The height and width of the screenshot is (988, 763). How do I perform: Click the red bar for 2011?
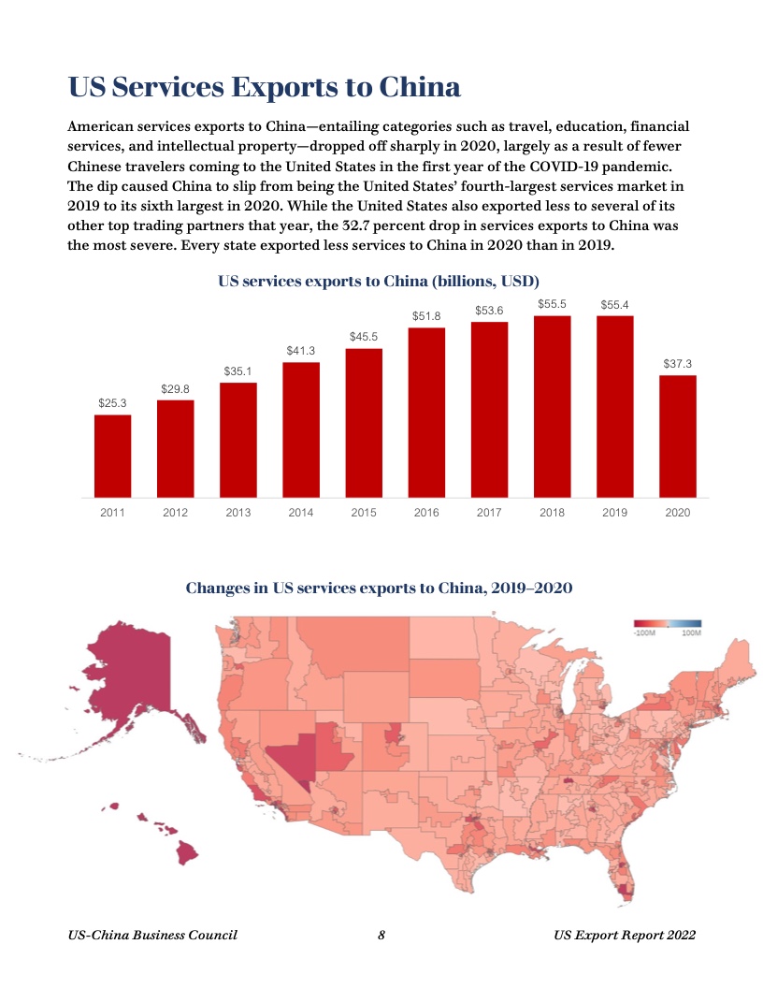[112, 456]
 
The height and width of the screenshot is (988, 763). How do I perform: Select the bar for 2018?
[552, 406]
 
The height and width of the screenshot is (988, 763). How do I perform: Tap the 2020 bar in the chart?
[678, 436]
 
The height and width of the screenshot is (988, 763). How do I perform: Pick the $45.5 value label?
[364, 336]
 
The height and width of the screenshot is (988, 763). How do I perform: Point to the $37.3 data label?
[678, 363]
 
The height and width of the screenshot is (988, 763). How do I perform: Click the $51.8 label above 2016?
[426, 316]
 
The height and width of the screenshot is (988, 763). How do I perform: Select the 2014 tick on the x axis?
[300, 513]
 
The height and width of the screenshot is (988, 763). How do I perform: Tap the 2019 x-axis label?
[614, 513]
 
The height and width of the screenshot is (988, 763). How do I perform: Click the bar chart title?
[379, 281]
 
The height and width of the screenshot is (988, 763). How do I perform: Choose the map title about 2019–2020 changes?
[379, 588]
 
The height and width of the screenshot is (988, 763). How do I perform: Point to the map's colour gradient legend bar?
[667, 623]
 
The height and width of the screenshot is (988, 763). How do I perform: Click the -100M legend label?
[643, 633]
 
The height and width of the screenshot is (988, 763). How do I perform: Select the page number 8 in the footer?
[381, 935]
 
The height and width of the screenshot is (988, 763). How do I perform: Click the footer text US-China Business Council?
[153, 935]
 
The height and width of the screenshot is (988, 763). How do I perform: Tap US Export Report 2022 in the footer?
[624, 935]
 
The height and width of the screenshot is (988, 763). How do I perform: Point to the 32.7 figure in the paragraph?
[359, 226]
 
